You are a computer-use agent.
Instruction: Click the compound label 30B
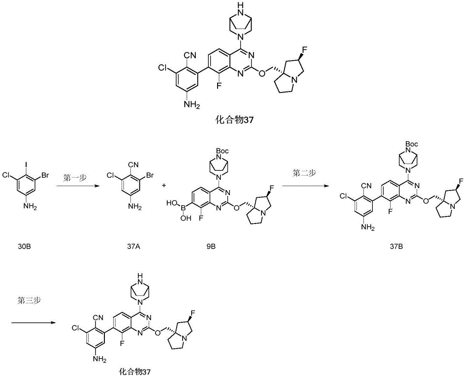[24, 246]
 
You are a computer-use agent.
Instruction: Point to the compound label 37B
[397, 246]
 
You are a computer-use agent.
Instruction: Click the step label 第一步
[75, 178]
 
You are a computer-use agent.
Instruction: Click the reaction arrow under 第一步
[77, 186]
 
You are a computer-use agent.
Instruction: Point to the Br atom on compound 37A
[150, 175]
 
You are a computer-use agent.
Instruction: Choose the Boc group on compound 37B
[411, 144]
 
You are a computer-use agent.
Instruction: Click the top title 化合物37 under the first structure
[234, 120]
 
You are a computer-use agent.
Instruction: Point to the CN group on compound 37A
[134, 164]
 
